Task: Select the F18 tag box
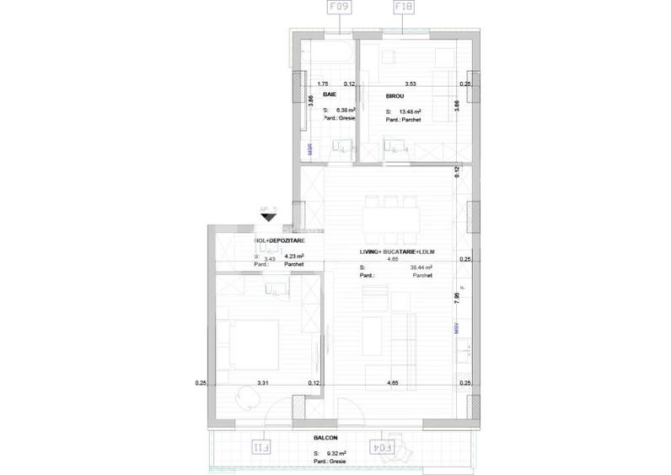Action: point(402,9)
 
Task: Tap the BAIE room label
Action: point(330,96)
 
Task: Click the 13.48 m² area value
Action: point(411,111)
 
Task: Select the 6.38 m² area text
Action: point(346,111)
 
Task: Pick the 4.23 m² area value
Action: point(294,256)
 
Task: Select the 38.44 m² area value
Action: point(421,267)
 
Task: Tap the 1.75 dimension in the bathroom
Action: point(322,84)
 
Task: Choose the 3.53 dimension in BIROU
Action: point(411,84)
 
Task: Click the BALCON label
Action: point(325,438)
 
